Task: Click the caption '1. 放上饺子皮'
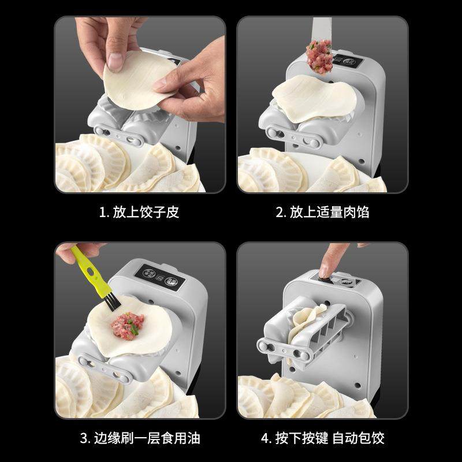[139, 212]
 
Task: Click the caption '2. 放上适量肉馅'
[322, 212]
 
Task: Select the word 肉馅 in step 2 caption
[358, 212]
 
